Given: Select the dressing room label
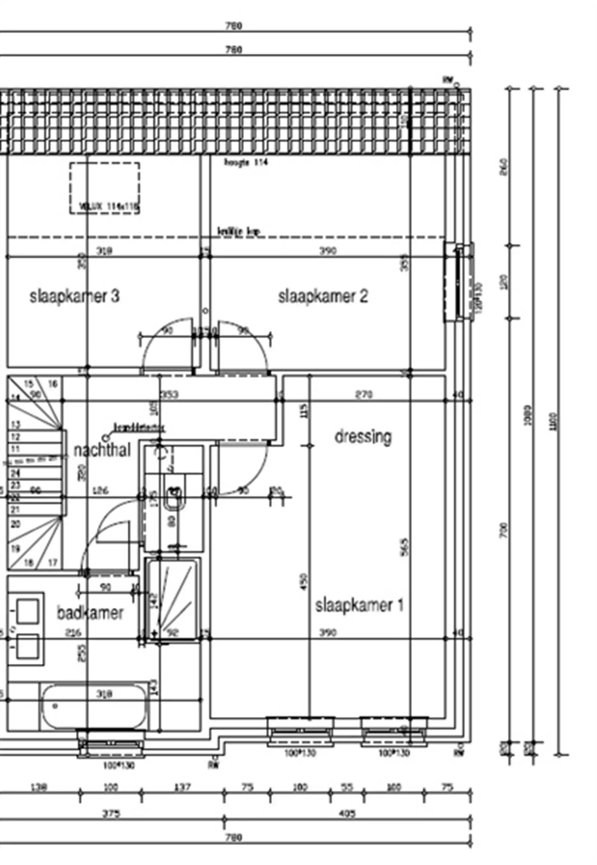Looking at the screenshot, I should pos(363,437).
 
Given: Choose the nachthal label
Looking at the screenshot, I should pos(102,450).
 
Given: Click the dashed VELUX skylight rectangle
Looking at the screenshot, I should pos(105,188).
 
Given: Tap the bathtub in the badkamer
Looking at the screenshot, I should pos(94,707).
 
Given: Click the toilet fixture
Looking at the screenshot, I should pos(173,498).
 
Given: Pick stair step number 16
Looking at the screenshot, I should pos(53,384).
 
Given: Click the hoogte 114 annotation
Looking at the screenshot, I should pos(246,162).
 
